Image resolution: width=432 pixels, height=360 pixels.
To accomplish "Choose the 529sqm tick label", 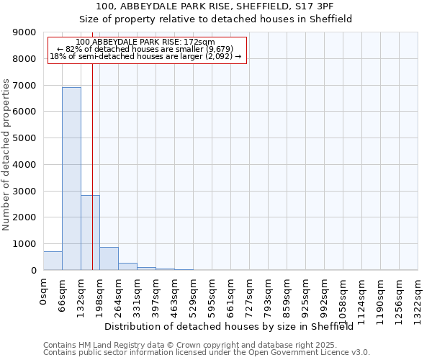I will pos(193,293).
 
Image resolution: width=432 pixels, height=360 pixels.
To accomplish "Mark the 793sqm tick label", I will pos(268,293).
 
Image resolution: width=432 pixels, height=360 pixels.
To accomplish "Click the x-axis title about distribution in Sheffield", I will pos(233,326).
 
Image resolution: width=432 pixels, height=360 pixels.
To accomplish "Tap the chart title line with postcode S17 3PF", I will pos(215,6).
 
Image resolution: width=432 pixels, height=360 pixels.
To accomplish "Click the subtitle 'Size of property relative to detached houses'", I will pos(215,19).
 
